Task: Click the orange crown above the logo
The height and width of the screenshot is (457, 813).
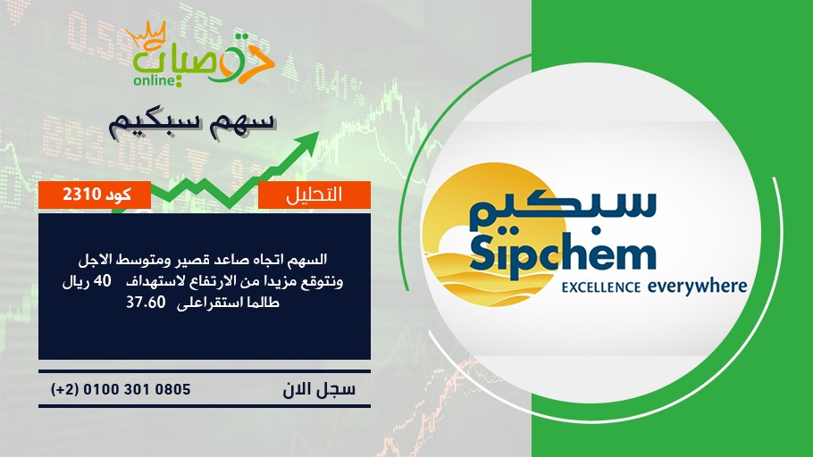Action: [x=146, y=35]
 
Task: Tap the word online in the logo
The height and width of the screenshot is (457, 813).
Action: [x=154, y=80]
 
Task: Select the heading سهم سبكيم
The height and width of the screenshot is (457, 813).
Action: [x=191, y=123]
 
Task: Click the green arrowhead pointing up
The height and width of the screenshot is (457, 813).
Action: [x=307, y=141]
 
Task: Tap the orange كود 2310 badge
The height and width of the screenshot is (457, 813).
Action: [x=95, y=195]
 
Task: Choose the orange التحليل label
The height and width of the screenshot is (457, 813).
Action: [x=314, y=195]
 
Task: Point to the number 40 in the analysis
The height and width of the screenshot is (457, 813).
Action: [x=102, y=281]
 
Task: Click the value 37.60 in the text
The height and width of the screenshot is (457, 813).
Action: [x=146, y=302]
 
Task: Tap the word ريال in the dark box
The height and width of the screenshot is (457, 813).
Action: [x=75, y=281]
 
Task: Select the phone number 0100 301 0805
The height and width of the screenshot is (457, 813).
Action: [x=137, y=389]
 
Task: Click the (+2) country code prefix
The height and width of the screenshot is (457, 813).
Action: [x=64, y=389]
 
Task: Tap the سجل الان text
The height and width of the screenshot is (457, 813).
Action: [x=319, y=389]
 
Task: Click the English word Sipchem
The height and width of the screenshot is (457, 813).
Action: [x=564, y=255]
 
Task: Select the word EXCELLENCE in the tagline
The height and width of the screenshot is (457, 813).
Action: [x=601, y=287]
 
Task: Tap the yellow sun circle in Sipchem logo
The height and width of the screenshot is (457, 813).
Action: [x=491, y=234]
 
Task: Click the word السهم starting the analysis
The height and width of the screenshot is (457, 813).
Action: [x=307, y=259]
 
